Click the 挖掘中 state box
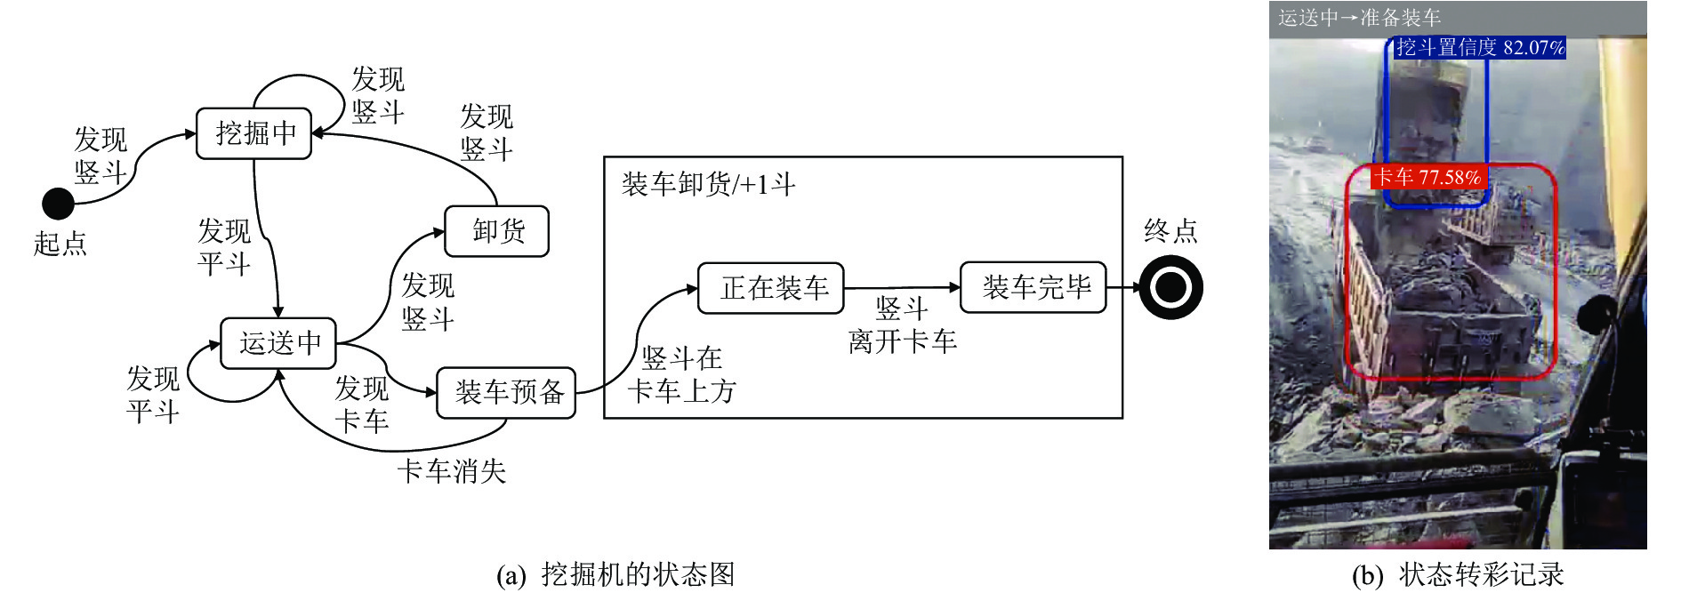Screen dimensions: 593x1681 [254, 133]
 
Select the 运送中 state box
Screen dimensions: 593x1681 [278, 343]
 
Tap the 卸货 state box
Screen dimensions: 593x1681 [497, 231]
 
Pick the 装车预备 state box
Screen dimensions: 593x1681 [507, 393]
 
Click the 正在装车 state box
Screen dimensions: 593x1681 [771, 288]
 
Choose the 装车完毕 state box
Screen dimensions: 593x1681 [1034, 287]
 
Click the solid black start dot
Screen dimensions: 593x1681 [59, 204]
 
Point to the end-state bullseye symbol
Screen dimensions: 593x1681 [1170, 287]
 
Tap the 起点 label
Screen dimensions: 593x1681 [60, 244]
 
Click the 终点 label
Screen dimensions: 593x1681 [1170, 231]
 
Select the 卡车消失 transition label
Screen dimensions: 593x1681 [451, 470]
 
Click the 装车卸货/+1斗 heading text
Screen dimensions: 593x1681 [708, 184]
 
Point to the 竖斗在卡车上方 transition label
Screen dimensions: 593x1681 [682, 374]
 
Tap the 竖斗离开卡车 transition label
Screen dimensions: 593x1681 [902, 325]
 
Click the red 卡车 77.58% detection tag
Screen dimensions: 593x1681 [1428, 177]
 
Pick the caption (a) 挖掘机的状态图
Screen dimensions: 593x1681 [615, 574]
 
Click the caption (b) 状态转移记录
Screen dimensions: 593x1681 [1458, 574]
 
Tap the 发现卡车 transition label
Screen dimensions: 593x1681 [362, 405]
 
